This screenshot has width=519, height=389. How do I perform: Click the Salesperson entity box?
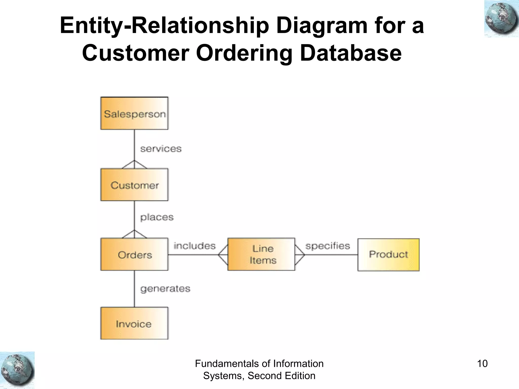coord(134,113)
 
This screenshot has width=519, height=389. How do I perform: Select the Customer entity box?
coord(134,185)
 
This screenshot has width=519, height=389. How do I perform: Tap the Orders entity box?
coord(134,254)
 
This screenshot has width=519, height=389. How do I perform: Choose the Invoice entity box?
coord(134,323)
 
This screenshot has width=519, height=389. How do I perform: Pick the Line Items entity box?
coord(261,254)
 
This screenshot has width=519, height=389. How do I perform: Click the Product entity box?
coord(388,255)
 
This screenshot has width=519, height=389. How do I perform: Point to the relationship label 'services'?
coord(161,149)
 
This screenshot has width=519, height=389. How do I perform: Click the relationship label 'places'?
coord(157,217)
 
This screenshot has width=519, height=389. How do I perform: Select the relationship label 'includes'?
coord(194,246)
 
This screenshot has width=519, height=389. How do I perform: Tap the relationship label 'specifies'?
coord(327,246)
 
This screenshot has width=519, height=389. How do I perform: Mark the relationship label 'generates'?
coord(165,289)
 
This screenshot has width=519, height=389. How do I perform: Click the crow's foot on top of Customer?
coord(134,165)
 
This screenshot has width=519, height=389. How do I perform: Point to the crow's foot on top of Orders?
coord(134,234)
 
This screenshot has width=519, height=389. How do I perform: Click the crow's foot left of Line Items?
coord(223,255)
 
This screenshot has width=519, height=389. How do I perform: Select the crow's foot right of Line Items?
coord(300,255)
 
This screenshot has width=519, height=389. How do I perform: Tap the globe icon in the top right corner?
coord(501,19)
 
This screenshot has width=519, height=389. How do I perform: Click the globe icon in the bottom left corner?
coord(17,370)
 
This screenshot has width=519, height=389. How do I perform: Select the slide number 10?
coord(482,364)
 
